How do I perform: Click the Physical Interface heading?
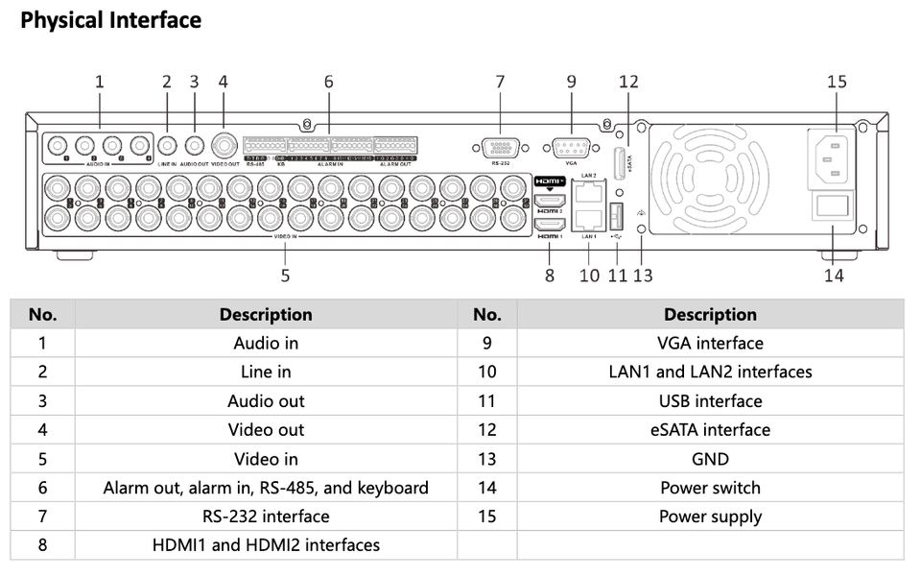110,20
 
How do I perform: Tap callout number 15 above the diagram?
837,82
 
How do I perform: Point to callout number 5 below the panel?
285,276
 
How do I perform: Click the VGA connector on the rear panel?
572,149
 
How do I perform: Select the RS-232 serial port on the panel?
500,149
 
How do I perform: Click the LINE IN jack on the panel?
168,147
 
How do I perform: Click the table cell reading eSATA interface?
710,430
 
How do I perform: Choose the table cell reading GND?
710,459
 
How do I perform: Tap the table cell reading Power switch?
710,488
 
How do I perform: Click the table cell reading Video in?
266,459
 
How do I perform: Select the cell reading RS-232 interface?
266,517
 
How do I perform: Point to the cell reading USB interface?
710,401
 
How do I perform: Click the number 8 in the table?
42,545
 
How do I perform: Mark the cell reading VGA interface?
710,344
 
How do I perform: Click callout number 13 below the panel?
643,276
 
